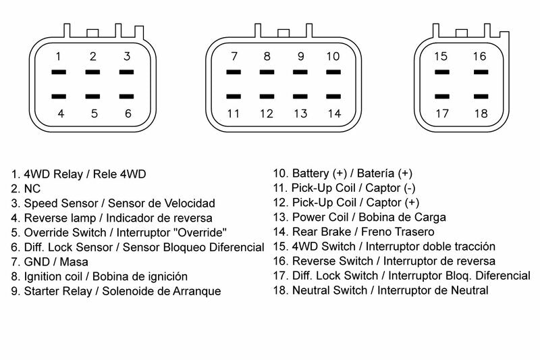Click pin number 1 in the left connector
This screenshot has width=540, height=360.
(59, 56)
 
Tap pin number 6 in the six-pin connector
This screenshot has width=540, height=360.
(128, 113)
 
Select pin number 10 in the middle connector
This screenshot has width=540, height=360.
(333, 56)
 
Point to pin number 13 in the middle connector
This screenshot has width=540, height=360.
(300, 113)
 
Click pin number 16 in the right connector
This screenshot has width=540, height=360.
(479, 56)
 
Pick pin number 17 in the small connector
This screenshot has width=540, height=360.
(441, 113)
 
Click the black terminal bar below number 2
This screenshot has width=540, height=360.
(93, 72)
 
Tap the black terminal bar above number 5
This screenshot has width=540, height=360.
(93, 97)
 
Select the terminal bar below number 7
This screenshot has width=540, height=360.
(234, 72)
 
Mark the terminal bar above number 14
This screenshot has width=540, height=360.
(333, 97)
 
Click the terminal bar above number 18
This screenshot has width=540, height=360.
(479, 97)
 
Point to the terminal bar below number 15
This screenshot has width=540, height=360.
(441, 72)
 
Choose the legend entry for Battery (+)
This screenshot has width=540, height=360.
(342, 174)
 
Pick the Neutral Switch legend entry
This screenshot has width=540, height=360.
(381, 290)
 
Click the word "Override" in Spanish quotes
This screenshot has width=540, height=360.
(215, 232)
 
